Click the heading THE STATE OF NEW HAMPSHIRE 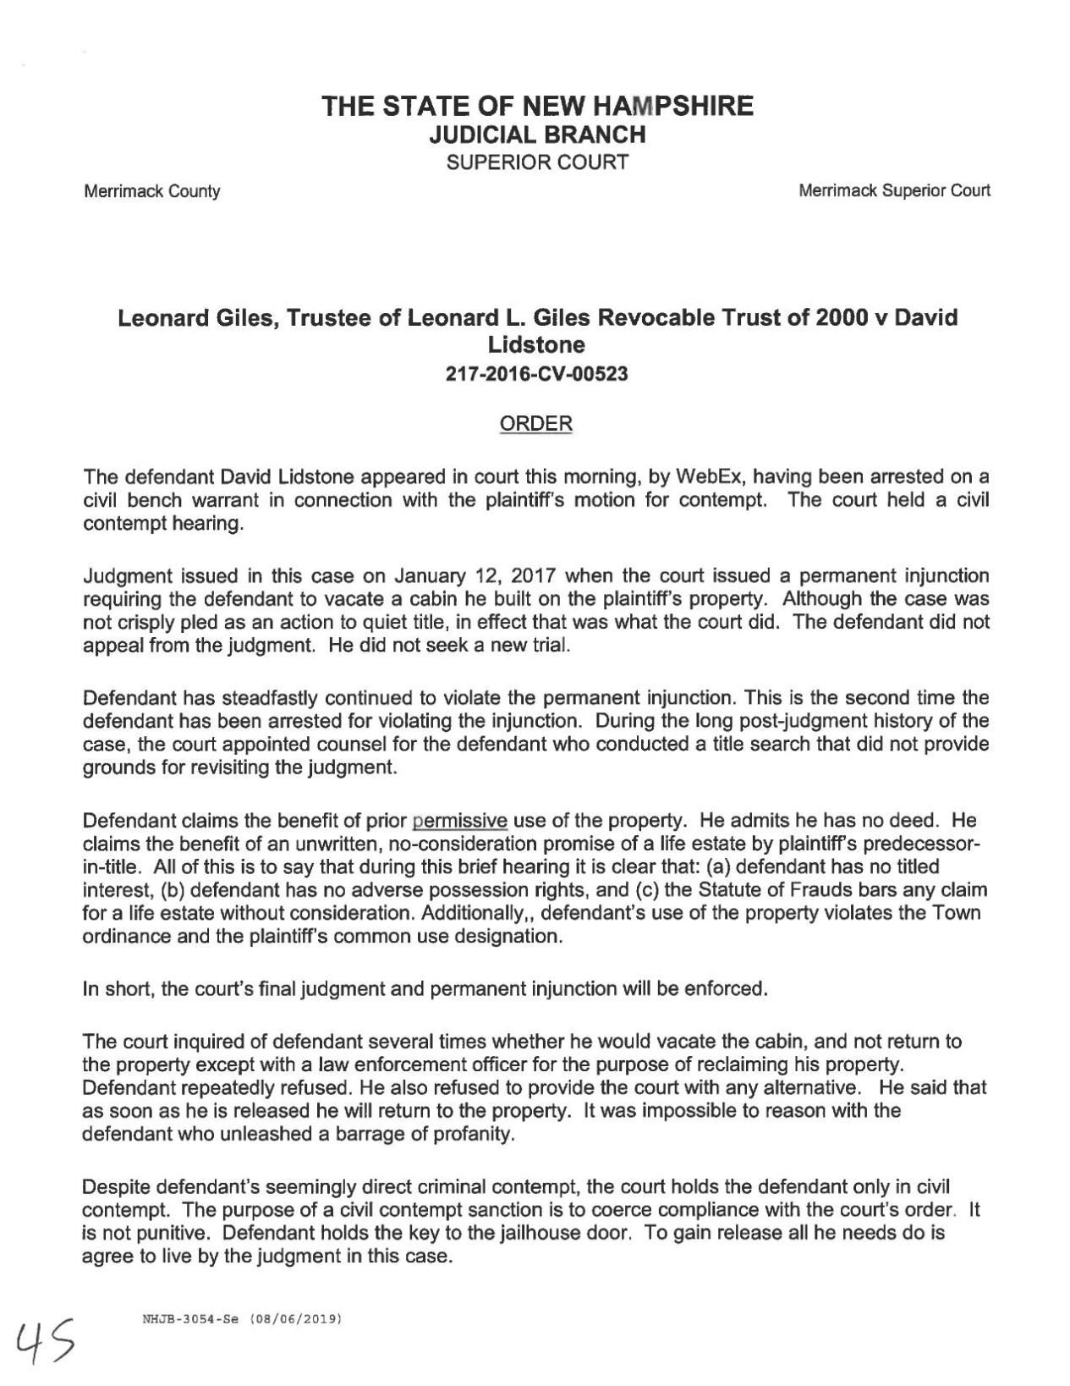tap(537, 107)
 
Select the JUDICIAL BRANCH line tap(537, 135)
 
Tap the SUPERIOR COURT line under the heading tap(537, 162)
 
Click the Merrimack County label tap(151, 191)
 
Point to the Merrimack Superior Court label tap(894, 190)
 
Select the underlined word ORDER tap(536, 424)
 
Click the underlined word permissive tap(459, 821)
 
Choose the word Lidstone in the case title tap(537, 344)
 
